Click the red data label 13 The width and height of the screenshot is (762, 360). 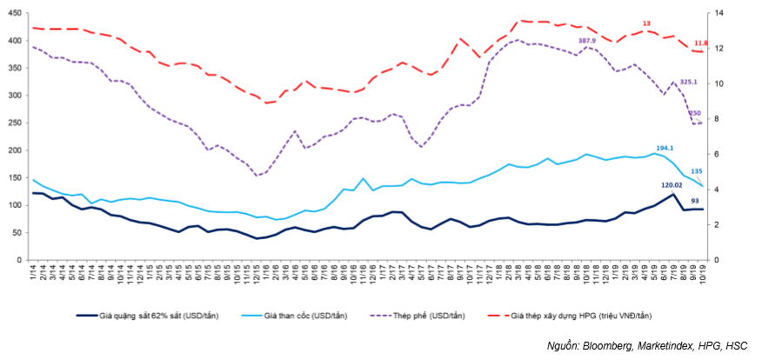(x=646, y=23)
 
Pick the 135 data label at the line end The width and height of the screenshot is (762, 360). (x=697, y=171)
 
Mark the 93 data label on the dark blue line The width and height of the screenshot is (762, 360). (x=694, y=201)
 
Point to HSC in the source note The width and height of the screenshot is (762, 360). (x=734, y=346)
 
